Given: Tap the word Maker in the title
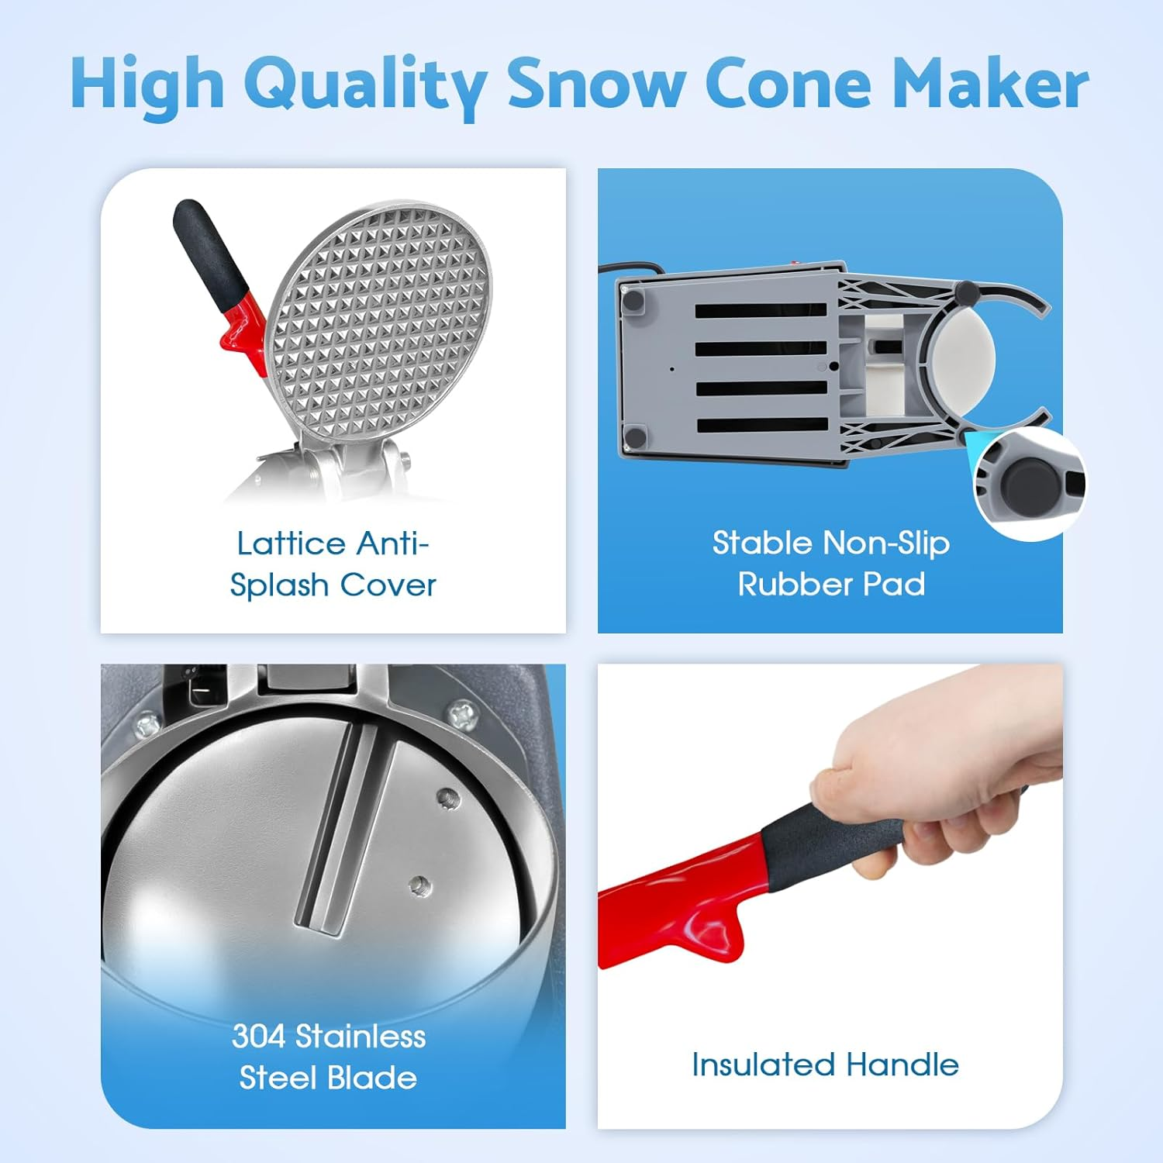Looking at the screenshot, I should point(990,84).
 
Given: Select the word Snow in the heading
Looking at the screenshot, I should point(596,84).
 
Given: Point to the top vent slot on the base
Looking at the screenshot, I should point(760,311).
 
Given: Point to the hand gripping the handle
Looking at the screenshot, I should point(930,783).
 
